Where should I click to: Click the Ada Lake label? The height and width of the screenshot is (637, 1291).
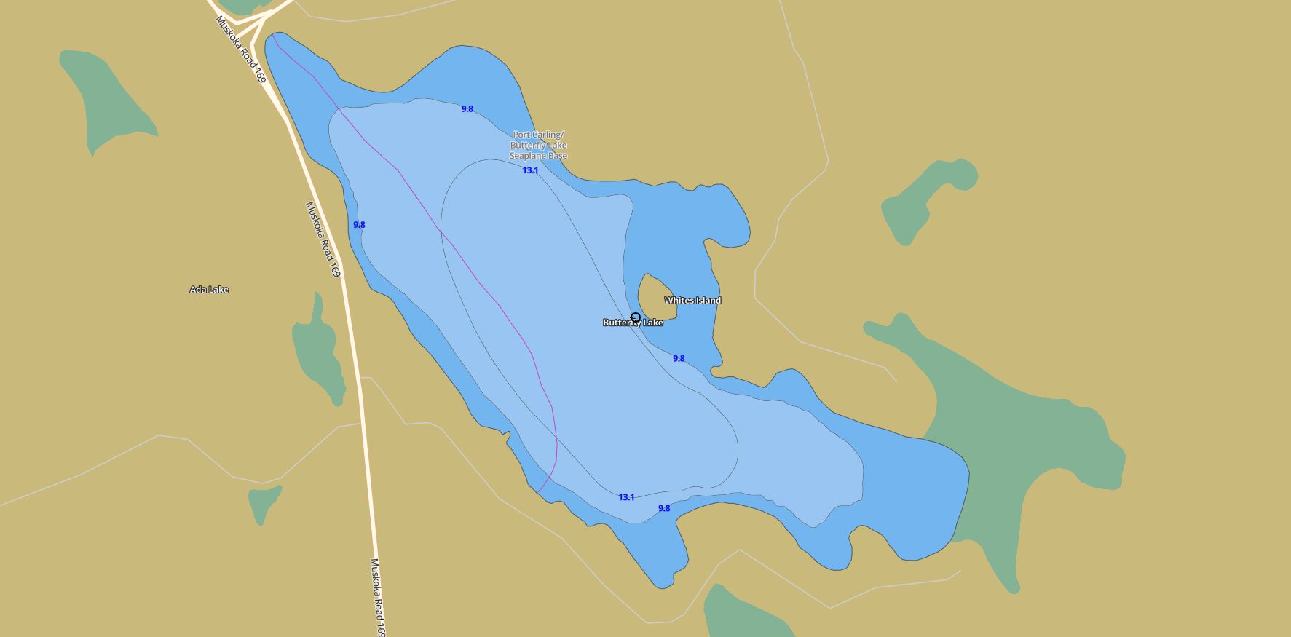[209, 290]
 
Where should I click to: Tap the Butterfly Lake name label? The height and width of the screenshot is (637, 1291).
[633, 323]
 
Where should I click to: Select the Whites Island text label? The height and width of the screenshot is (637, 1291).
[692, 301]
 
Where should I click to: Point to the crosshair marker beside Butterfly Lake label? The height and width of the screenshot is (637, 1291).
[635, 317]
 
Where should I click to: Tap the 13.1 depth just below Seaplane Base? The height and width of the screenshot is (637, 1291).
[530, 170]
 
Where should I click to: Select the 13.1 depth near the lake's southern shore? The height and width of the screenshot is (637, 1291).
[626, 497]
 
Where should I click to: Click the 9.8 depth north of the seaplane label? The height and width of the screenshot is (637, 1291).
[467, 109]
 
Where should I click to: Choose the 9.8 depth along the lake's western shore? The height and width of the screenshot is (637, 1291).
[359, 225]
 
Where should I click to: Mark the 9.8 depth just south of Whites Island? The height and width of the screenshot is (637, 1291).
[679, 358]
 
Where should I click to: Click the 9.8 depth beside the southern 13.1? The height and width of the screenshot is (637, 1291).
[664, 508]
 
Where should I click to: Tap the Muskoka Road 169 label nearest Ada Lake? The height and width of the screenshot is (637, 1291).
[323, 240]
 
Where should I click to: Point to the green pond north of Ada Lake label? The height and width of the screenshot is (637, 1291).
[109, 98]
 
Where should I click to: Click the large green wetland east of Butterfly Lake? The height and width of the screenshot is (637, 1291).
[1019, 437]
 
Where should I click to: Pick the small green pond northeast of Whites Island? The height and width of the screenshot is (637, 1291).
[925, 200]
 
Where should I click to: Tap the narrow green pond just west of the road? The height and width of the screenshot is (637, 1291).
[319, 349]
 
